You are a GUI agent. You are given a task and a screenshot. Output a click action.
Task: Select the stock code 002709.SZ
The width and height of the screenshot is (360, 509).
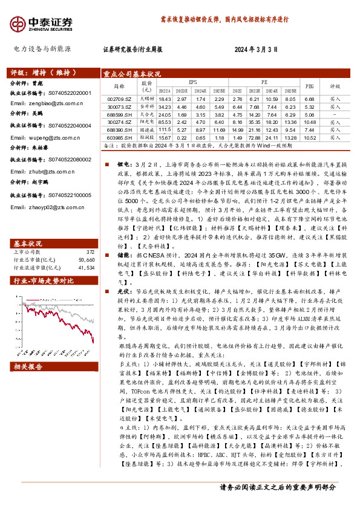pos(115,99)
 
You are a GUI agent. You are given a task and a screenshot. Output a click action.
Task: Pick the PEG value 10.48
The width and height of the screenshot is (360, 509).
pos(309,122)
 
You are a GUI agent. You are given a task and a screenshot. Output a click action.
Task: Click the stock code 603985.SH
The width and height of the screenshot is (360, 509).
pos(115,137)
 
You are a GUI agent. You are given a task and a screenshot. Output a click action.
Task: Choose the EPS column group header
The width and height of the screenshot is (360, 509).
pos(192,82)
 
